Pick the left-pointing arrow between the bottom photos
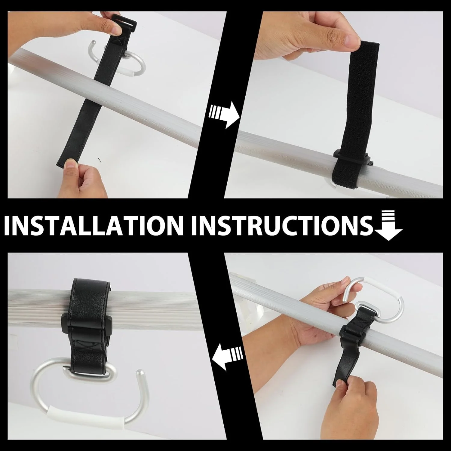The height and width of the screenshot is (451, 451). pos(228,356)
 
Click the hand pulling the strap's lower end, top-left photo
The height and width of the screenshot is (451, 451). pos(80,177)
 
